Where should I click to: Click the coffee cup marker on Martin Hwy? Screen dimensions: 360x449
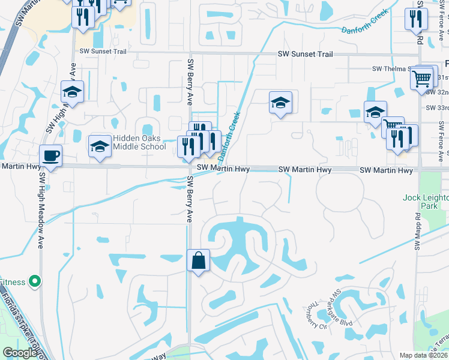click(51, 156)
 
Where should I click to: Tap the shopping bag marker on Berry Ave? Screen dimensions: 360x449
click(198, 261)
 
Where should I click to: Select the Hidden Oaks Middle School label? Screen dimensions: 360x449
click(139, 142)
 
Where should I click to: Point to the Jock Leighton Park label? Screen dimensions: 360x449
click(426, 202)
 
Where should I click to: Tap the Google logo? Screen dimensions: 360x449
click(20, 353)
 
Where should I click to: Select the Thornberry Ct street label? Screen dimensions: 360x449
click(313, 316)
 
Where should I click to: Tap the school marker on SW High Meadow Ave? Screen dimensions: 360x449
click(72, 92)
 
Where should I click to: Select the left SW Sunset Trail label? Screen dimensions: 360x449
click(103, 52)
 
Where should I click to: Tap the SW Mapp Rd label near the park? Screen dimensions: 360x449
click(417, 232)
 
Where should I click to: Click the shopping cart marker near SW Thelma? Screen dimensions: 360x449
click(423, 77)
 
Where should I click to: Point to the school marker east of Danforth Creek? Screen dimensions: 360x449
click(280, 103)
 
